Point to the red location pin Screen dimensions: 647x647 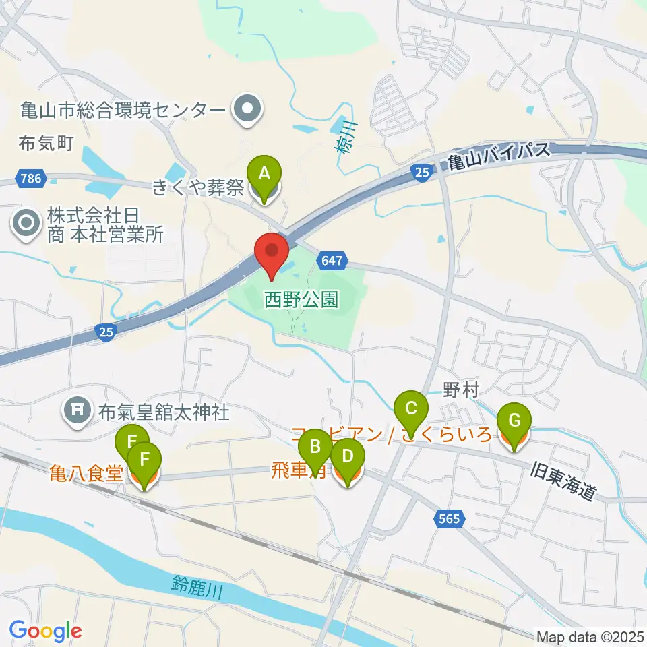[272, 254]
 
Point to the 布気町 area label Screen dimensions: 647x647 [46, 143]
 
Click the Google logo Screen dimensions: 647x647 [46, 631]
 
